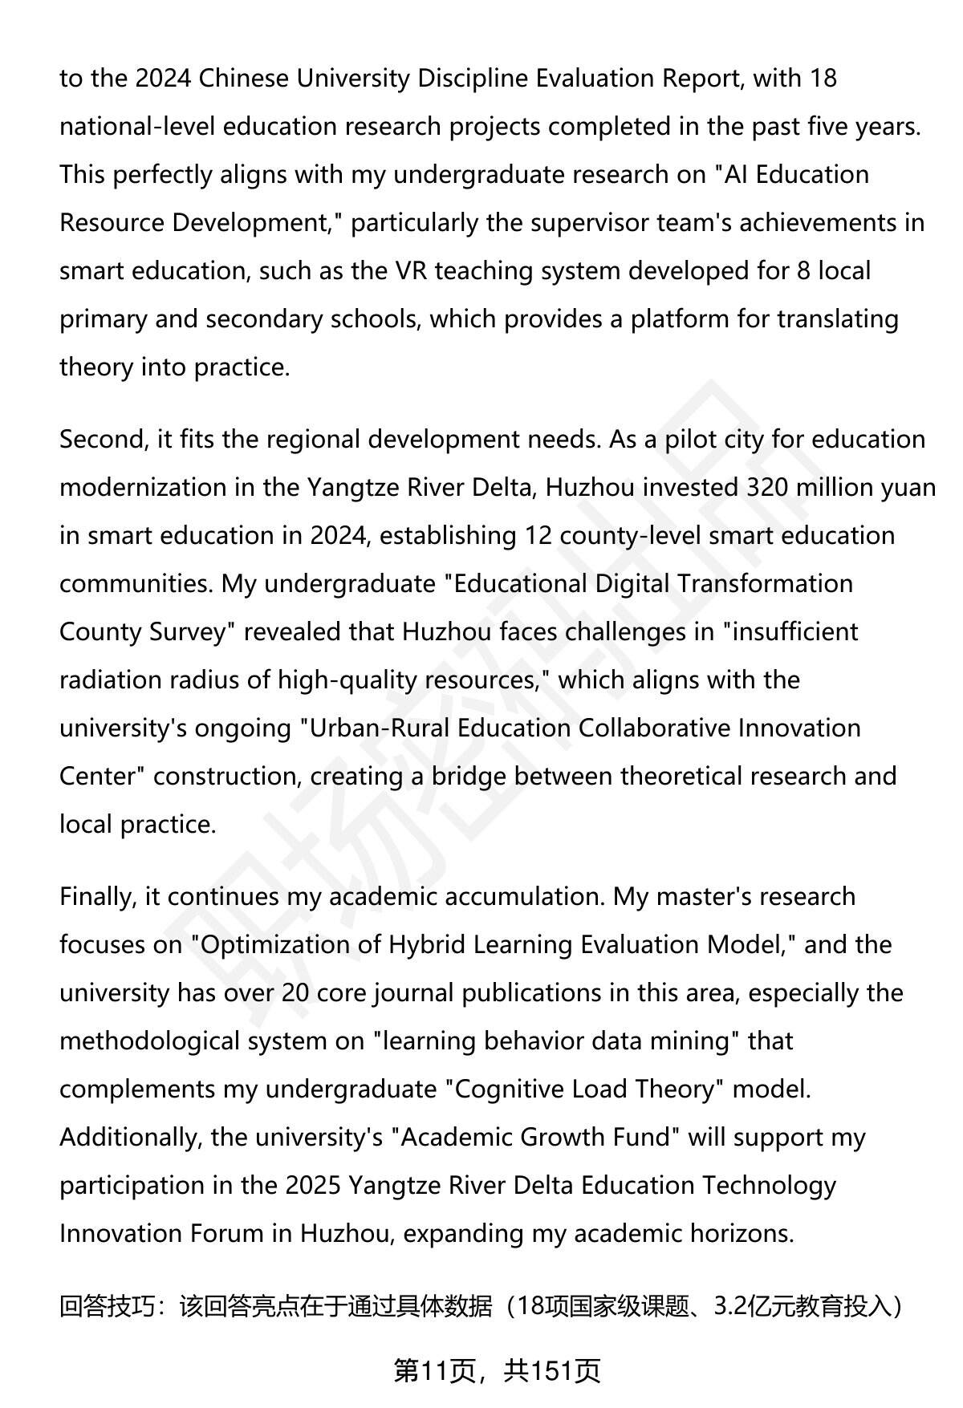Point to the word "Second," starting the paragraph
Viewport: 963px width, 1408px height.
tap(100, 440)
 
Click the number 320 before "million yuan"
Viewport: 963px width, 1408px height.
tap(768, 488)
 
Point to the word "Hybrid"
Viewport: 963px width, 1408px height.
tap(426, 945)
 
